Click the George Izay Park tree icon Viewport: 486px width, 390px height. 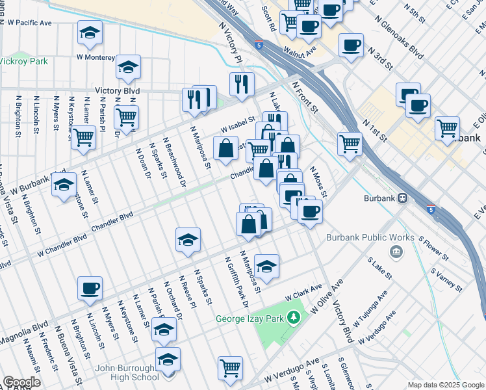[294, 318]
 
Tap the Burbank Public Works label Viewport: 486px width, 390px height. [371, 238]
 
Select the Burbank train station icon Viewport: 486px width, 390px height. [403, 198]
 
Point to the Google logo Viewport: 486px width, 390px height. [21, 382]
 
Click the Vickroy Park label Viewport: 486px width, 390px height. [24, 62]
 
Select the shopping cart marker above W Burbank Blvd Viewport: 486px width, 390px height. [83, 138]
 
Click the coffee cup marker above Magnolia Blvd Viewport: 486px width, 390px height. [90, 288]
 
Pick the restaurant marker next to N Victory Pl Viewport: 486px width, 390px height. [241, 84]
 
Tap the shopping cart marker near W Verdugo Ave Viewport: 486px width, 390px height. [230, 368]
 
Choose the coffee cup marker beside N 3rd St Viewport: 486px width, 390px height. [351, 45]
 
